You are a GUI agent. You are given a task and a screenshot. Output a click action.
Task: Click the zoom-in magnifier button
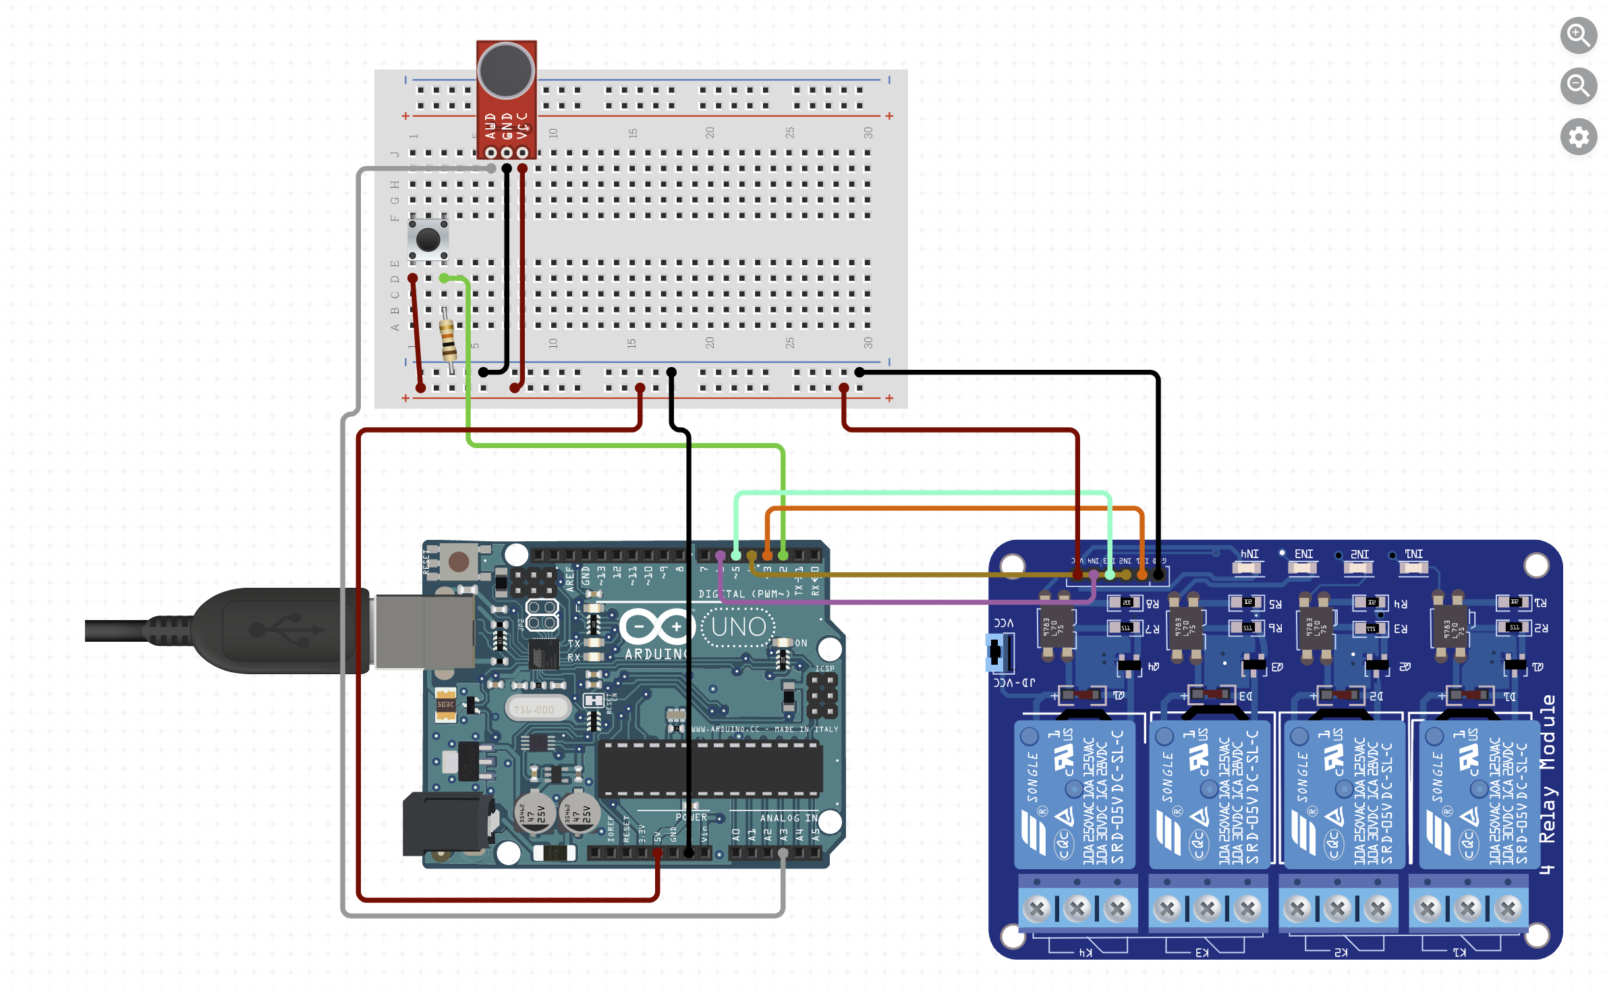[x=1578, y=35]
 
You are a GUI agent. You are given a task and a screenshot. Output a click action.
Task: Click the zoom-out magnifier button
[x=1578, y=86]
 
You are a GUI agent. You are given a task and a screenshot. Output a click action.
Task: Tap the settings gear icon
[x=1578, y=137]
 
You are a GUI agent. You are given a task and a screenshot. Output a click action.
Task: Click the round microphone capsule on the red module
[x=506, y=71]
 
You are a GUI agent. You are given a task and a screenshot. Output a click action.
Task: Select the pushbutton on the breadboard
[x=428, y=239]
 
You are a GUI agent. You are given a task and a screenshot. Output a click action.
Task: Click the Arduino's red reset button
[x=459, y=561]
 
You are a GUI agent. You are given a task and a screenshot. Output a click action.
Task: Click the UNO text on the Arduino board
[x=739, y=627]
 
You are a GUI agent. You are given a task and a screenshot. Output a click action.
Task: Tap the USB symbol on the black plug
[x=286, y=630]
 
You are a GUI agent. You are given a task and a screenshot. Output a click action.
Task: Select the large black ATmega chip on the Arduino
[x=710, y=769]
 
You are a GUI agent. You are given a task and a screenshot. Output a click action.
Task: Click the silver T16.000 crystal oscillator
[x=537, y=709]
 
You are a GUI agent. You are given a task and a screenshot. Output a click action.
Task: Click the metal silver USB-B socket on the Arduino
[x=425, y=631]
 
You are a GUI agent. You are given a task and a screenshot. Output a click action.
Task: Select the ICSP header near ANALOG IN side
[x=822, y=695]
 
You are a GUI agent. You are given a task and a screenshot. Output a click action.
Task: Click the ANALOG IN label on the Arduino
[x=788, y=818]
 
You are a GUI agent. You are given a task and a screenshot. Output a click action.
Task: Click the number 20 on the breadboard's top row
[x=710, y=133]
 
